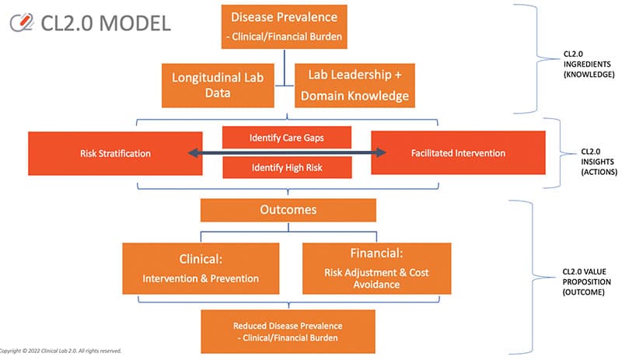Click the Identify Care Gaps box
click(x=287, y=138)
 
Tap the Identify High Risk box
click(x=287, y=167)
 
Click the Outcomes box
click(x=288, y=211)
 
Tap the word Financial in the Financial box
click(x=376, y=253)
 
